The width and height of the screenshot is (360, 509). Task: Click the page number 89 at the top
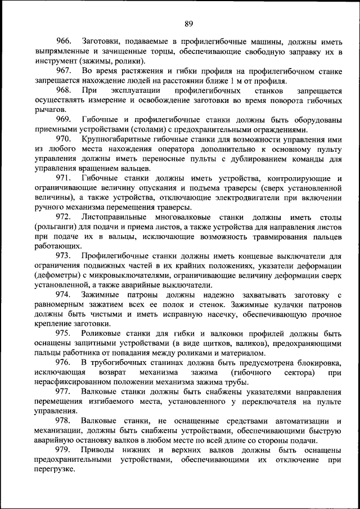(x=188, y=23)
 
